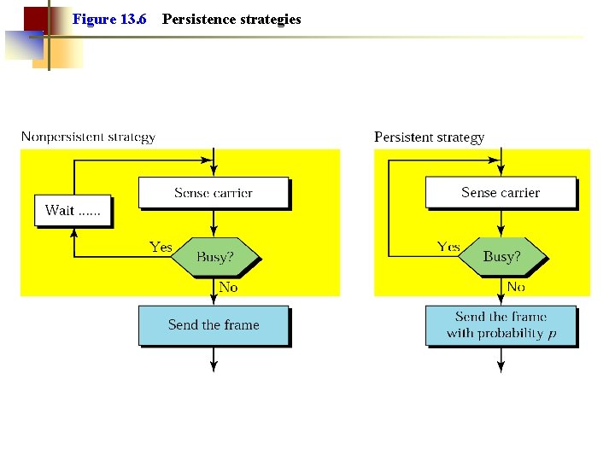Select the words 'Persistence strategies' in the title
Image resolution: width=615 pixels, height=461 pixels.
(231, 19)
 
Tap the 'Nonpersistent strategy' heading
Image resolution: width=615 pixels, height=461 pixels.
(88, 137)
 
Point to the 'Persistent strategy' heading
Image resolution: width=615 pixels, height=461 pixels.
(429, 137)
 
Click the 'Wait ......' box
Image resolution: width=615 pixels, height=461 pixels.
(73, 211)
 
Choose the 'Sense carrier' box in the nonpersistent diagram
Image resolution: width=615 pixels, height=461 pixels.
(214, 193)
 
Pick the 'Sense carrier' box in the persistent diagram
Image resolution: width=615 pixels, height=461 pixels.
(501, 193)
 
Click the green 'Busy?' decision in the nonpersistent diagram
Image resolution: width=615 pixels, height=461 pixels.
(214, 256)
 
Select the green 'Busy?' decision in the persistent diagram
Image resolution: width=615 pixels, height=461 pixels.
(501, 256)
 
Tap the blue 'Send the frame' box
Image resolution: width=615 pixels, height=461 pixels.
(214, 325)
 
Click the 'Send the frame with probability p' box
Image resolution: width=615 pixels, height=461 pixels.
(501, 325)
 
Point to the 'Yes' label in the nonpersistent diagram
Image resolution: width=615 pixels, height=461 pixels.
(161, 247)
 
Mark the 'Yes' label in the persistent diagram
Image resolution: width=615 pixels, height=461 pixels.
(448, 247)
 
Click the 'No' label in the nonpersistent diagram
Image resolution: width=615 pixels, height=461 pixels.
(228, 288)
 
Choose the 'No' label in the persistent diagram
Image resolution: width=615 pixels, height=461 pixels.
(516, 288)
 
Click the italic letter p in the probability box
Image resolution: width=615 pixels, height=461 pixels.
(552, 334)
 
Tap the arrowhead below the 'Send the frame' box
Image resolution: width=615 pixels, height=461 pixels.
(214, 367)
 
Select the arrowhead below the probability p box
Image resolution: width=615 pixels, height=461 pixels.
(501, 367)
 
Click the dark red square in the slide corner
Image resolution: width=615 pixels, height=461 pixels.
(35, 19)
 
